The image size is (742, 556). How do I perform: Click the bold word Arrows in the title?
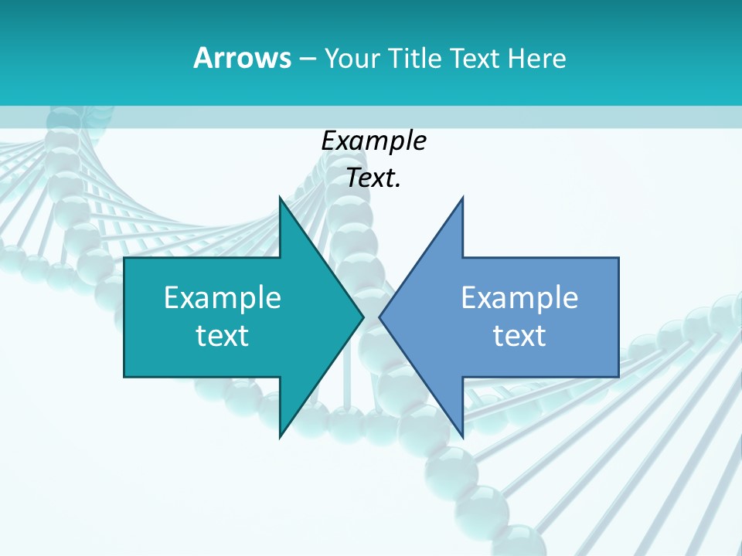242,58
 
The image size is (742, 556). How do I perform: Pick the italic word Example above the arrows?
373,141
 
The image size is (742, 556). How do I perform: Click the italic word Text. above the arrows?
373,178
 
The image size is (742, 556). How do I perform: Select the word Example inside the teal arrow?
223,297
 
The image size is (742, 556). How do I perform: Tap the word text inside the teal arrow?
223,335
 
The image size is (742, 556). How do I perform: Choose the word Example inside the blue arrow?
519,297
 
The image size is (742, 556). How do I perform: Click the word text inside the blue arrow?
519,335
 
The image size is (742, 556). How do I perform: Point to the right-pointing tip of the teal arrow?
363,317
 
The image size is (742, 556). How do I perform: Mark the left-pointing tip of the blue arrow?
380,317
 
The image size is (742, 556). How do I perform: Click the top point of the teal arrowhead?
280,198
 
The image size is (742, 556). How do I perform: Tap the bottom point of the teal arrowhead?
280,437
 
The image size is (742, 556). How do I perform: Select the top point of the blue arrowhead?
462,198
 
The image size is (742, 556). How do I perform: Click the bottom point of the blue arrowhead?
462,437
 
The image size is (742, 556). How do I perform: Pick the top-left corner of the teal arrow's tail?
124,258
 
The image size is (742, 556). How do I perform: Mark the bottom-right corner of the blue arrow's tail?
618,376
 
